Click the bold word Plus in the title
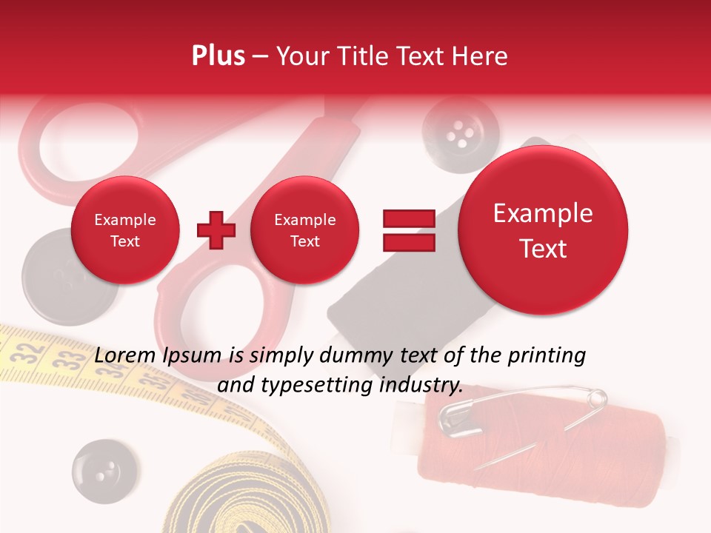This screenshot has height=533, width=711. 218,56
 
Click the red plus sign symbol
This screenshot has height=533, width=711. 216,230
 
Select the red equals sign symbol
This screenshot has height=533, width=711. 409,230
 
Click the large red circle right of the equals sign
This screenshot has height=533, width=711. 543,230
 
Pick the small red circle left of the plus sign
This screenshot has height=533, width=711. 125,230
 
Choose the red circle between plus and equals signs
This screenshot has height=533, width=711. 304,230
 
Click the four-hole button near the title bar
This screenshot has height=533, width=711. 460,133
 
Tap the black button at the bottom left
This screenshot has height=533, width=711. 104,472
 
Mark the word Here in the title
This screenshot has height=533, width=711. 481,56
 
